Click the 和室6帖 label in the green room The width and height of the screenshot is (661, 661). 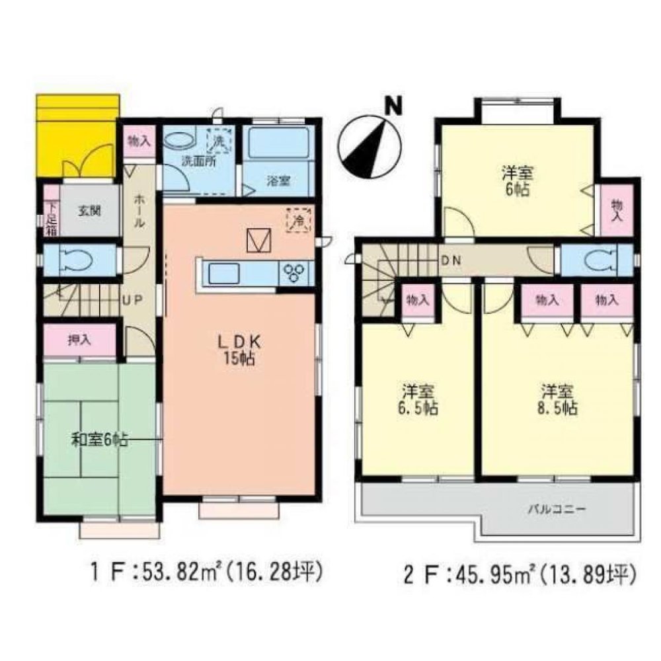point(100,439)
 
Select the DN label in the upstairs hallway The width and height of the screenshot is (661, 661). point(451,260)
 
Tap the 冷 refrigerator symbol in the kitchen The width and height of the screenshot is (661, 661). point(298,219)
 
